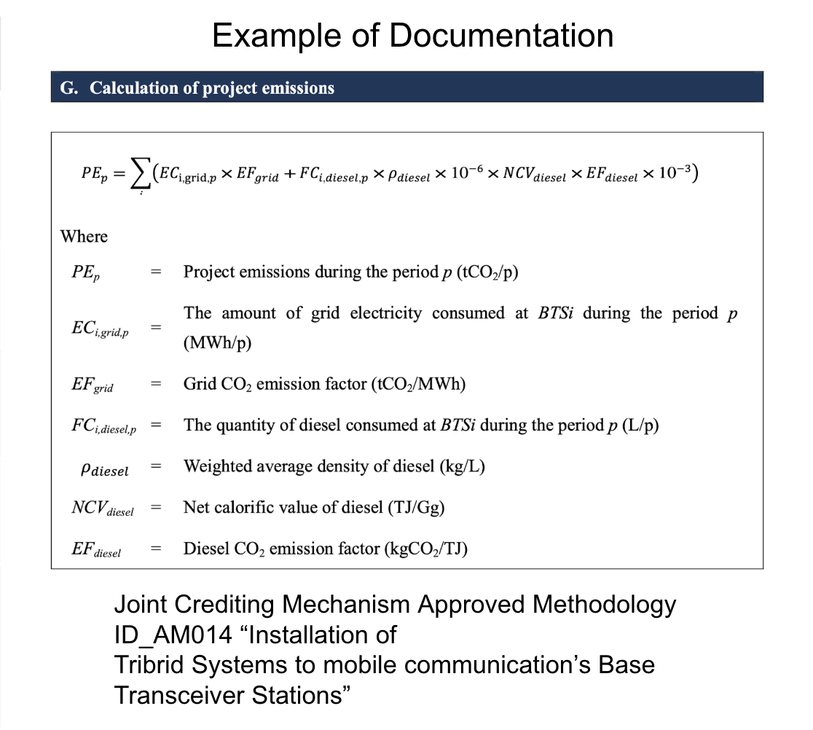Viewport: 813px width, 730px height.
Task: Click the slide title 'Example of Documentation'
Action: tap(412, 35)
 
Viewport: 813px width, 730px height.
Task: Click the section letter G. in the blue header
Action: tap(68, 88)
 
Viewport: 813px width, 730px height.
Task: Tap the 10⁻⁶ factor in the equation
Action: tap(462, 175)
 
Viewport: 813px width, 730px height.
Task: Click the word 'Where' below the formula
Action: tap(84, 237)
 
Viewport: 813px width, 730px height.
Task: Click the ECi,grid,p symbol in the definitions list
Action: tap(95, 329)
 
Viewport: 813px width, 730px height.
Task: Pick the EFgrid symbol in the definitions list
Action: tap(92, 385)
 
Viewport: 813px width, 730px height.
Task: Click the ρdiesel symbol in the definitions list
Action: tap(104, 469)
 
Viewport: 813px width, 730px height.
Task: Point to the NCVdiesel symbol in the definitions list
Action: tap(102, 509)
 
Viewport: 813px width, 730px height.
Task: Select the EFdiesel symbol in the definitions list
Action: tap(95, 550)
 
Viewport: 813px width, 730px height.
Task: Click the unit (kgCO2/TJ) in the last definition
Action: tap(425, 549)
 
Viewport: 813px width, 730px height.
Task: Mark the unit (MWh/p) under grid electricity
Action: tap(217, 343)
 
